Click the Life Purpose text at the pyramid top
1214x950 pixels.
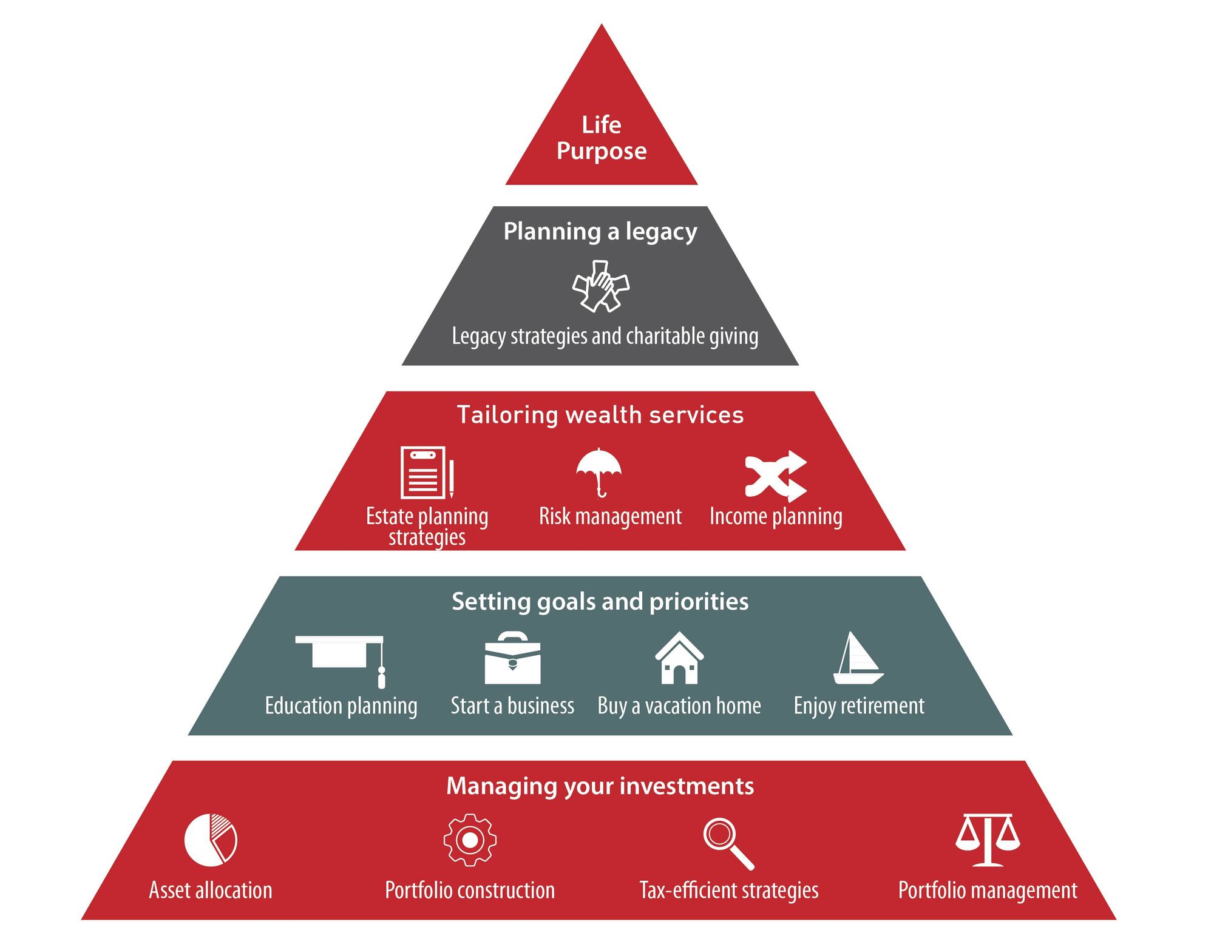click(601, 138)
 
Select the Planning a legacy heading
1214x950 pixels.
click(600, 231)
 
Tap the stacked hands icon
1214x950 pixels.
click(600, 286)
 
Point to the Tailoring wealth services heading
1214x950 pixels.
click(600, 415)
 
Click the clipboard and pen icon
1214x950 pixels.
click(427, 473)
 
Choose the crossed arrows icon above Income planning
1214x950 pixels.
click(776, 476)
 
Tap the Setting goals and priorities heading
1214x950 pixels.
click(600, 601)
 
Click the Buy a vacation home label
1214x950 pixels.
click(679, 706)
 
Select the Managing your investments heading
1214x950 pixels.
click(600, 786)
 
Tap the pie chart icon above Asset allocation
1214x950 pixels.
click(211, 840)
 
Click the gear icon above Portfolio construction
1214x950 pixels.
click(470, 840)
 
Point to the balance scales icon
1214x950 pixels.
click(988, 840)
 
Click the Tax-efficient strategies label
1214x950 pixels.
click(728, 891)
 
